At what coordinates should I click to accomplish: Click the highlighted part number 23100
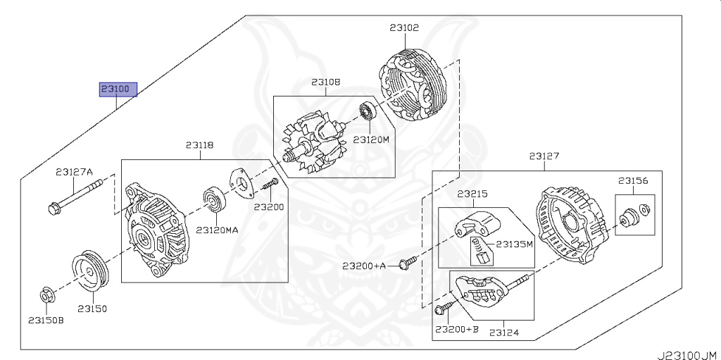[x=118, y=89]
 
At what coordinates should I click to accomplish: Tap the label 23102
[x=404, y=28]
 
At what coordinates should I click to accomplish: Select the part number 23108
[x=325, y=82]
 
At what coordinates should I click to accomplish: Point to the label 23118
[x=199, y=145]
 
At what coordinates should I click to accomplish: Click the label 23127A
[x=75, y=171]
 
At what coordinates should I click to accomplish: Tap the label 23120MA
[x=217, y=230]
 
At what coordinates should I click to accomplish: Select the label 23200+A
[x=364, y=266]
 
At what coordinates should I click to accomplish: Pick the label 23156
[x=634, y=180]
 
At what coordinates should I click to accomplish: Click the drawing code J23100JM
[x=686, y=354]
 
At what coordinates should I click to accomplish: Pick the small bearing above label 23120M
[x=368, y=111]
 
